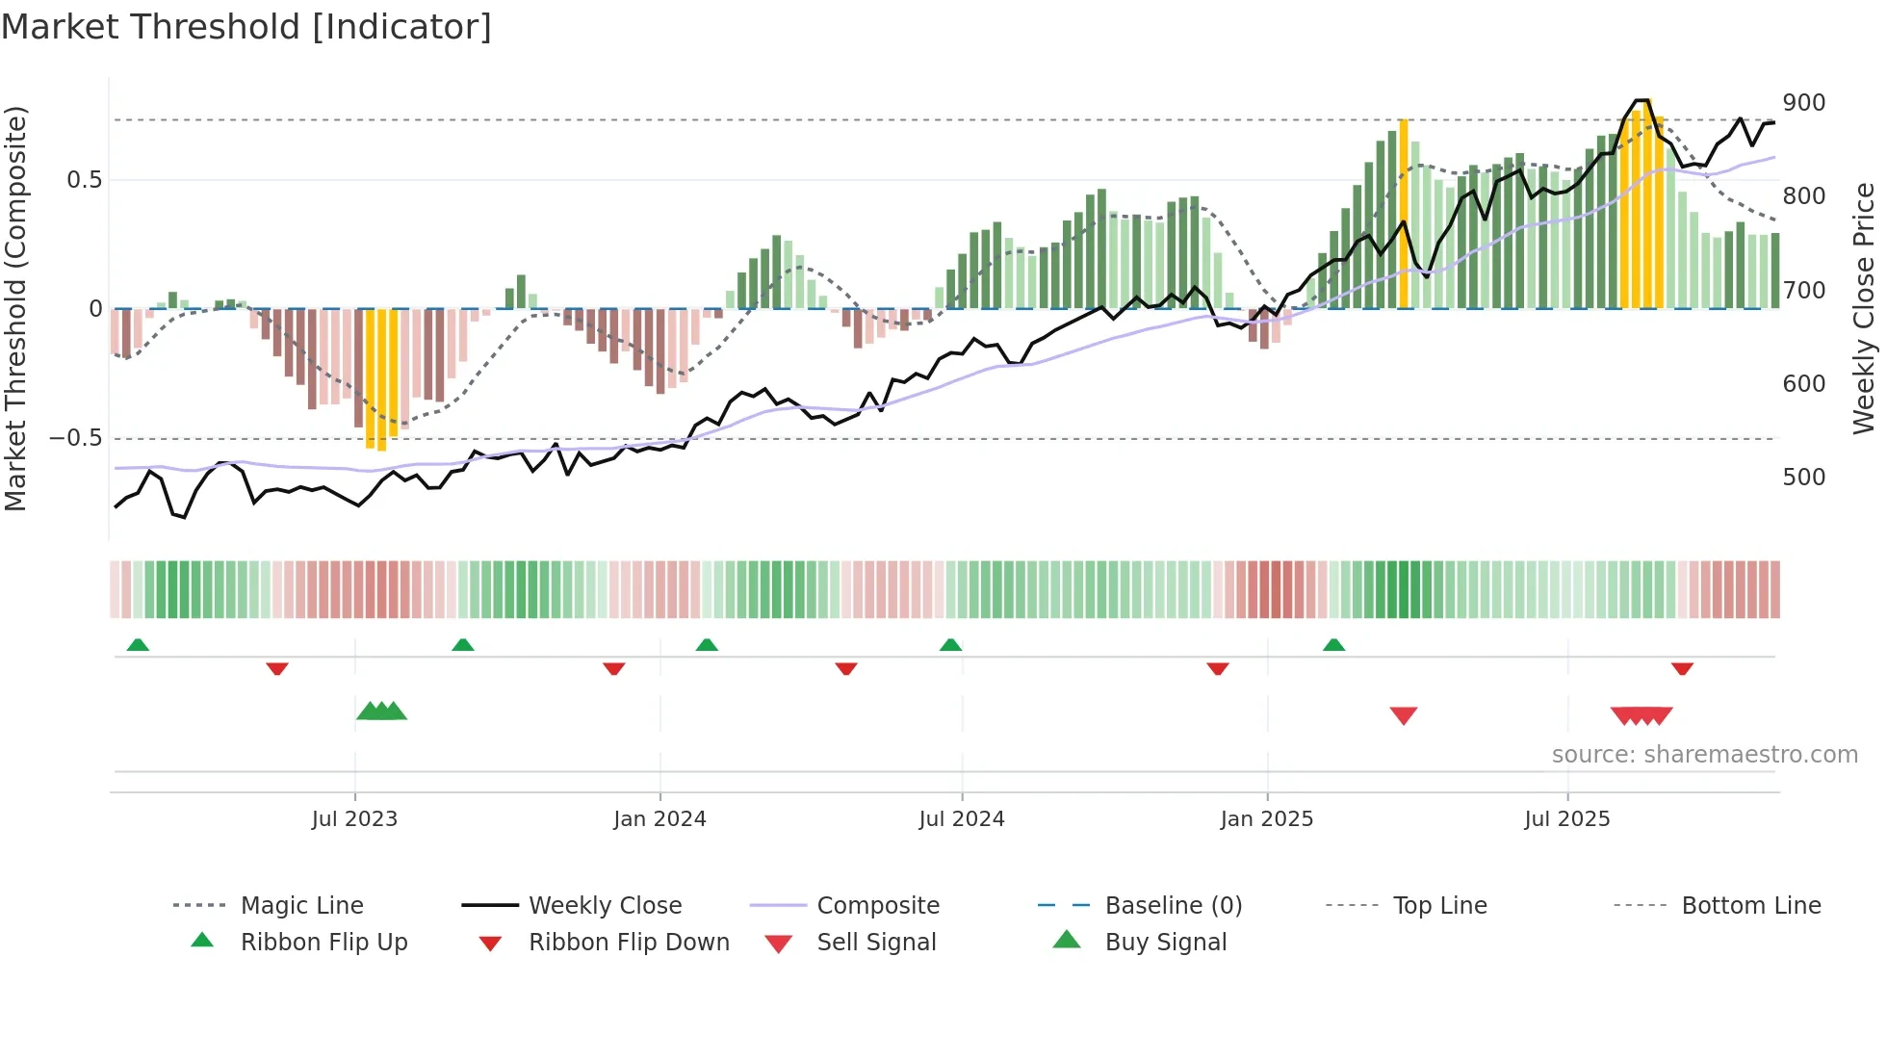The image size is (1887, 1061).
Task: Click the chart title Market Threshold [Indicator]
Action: point(246,27)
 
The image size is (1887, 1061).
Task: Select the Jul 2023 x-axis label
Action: point(354,819)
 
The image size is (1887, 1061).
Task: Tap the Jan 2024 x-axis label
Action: point(659,819)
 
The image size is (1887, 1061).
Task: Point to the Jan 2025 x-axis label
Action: point(1266,819)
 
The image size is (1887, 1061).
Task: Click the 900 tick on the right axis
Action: point(1803,103)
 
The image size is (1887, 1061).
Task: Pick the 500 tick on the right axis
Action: point(1803,478)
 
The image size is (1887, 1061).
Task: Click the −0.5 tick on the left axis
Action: point(76,438)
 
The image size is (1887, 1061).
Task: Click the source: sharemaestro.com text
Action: point(1704,755)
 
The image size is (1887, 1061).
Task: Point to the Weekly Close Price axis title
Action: point(1864,308)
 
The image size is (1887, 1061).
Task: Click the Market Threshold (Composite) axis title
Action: point(16,308)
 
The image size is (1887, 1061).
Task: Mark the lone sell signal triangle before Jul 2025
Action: point(1403,715)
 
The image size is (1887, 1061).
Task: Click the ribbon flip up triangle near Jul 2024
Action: point(950,645)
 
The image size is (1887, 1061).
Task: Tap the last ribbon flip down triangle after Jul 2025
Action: point(1682,669)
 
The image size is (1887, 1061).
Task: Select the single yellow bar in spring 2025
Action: point(1403,214)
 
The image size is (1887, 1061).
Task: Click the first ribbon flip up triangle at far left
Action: point(138,645)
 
